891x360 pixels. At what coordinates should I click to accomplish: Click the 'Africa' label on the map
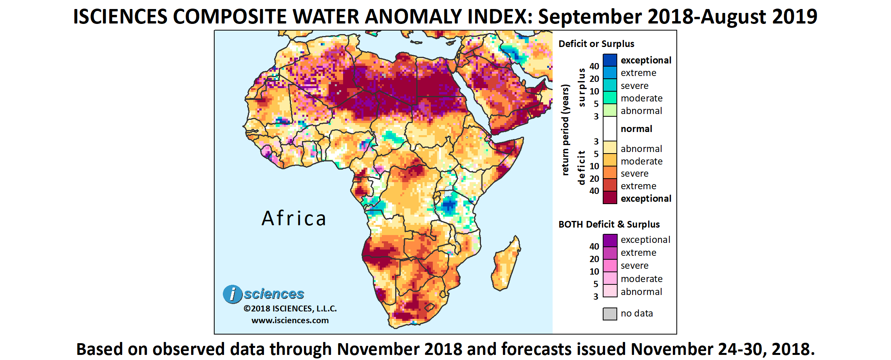294,219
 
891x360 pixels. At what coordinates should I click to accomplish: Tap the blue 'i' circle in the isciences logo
233,294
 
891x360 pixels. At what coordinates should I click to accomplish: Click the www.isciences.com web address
290,320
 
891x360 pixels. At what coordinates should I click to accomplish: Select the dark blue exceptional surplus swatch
610,60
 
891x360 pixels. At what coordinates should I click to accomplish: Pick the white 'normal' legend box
610,128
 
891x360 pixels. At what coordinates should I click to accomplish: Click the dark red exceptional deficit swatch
610,198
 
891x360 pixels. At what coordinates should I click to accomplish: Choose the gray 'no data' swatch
610,313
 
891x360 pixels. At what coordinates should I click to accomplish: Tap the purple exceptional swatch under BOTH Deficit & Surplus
610,240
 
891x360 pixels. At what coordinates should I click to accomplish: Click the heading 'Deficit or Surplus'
596,44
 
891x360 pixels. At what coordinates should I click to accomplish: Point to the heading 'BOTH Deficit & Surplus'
609,224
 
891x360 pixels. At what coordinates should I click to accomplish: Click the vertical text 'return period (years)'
565,130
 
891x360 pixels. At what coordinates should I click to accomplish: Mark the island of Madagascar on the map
506,264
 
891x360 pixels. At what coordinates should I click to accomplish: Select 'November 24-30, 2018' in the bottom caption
723,349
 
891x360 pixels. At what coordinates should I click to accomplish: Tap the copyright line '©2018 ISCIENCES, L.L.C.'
290,309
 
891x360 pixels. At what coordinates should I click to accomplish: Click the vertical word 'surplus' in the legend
582,87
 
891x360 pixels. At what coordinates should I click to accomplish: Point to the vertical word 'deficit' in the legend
582,168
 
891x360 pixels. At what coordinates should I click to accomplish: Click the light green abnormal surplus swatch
610,110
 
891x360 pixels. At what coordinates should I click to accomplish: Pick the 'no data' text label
636,313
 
